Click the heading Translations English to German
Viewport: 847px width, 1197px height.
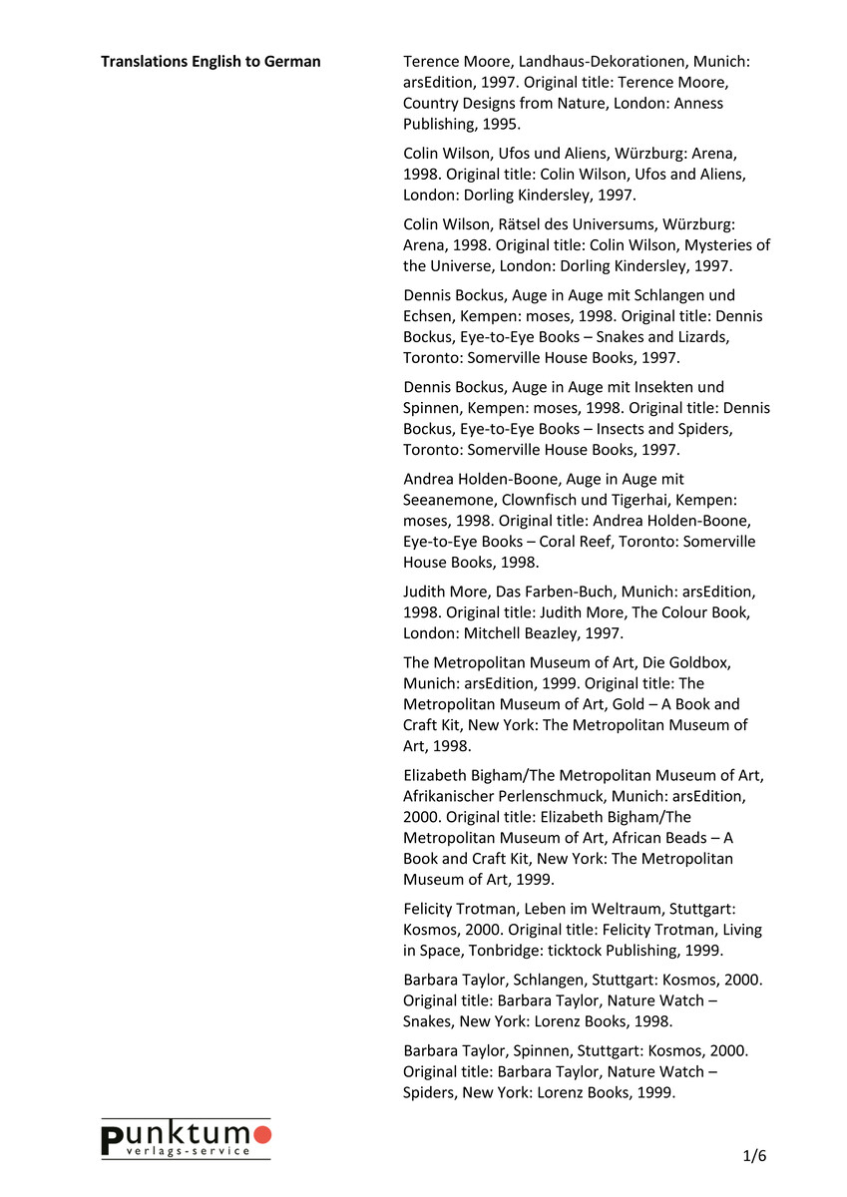(211, 62)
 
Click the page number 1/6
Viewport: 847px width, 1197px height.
(754, 1156)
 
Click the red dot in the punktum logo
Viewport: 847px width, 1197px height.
(262, 1134)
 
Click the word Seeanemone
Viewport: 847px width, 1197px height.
(450, 500)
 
